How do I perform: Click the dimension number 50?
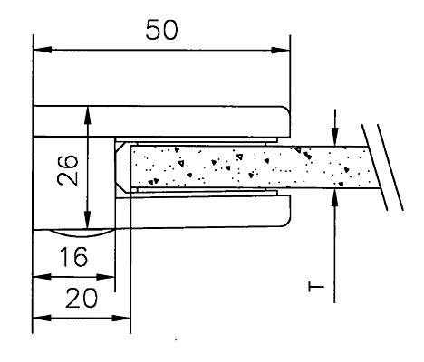click(x=162, y=30)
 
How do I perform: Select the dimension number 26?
click(x=68, y=170)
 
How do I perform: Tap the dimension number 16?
click(x=74, y=257)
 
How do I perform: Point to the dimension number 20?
click(x=82, y=298)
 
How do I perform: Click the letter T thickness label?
click(x=316, y=287)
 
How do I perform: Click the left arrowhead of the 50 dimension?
click(x=43, y=50)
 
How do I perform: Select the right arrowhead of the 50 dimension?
click(x=281, y=50)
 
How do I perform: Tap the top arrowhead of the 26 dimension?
click(x=88, y=115)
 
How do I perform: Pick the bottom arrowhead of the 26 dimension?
click(x=87, y=220)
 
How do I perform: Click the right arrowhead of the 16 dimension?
click(x=106, y=277)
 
